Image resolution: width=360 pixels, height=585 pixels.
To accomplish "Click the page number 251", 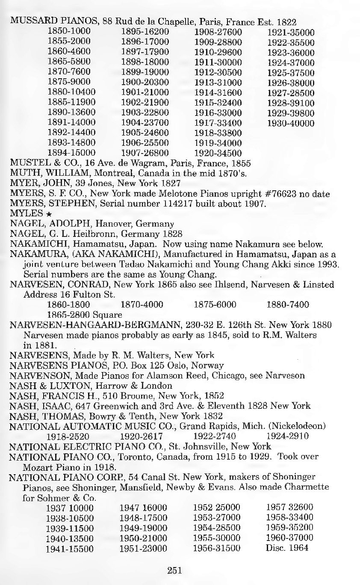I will (x=175, y=570).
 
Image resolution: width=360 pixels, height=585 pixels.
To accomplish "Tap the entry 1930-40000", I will (x=291, y=124).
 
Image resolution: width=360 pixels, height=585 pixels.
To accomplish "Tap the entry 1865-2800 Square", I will (x=80, y=315).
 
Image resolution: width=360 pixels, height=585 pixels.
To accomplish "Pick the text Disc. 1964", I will (x=286, y=548).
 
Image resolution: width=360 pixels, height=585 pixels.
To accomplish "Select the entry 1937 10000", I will (x=71, y=507).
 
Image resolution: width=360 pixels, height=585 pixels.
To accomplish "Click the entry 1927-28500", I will (x=291, y=93).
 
